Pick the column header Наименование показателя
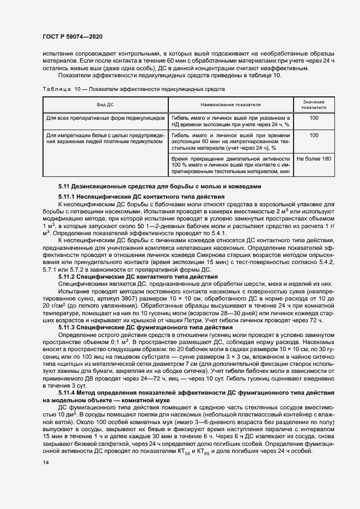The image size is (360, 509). [x=231, y=104]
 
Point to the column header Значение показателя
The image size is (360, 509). [x=314, y=105]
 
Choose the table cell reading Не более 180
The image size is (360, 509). [x=314, y=158]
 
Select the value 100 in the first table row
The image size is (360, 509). [x=314, y=118]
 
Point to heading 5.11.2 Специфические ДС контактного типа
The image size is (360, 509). [x=119, y=277]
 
